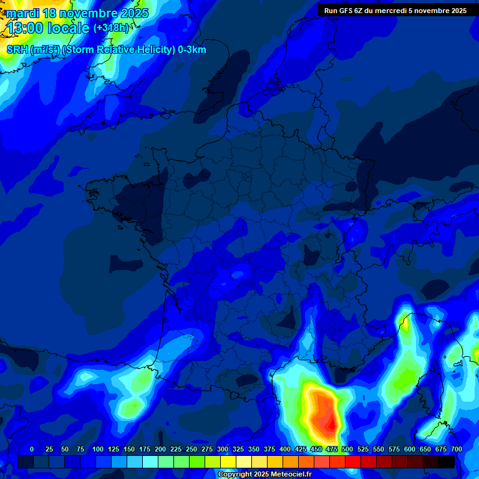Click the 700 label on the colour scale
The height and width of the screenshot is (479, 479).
(x=457, y=449)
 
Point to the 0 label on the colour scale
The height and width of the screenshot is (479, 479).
(x=32, y=449)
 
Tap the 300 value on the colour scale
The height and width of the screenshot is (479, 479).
(x=223, y=449)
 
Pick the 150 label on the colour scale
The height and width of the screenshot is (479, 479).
(x=129, y=449)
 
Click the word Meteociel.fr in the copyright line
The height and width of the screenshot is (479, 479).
(x=291, y=475)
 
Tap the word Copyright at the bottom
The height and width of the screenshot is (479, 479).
(x=235, y=475)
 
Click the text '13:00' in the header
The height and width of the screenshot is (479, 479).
(x=25, y=28)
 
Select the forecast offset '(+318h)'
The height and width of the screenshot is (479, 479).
(x=111, y=28)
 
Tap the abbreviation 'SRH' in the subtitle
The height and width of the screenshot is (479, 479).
(x=17, y=50)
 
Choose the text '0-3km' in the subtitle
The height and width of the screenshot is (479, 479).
(x=192, y=50)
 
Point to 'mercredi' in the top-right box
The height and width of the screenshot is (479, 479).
(x=396, y=10)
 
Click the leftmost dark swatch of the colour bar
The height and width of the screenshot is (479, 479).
(x=25, y=462)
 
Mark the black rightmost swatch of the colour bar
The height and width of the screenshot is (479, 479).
(x=447, y=462)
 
